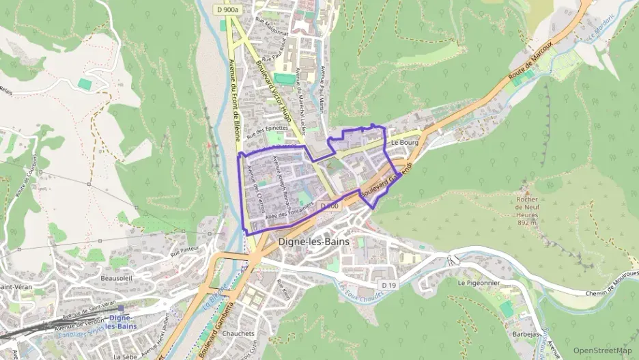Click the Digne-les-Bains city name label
[x=314, y=242]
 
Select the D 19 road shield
[x=388, y=285]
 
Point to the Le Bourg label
[x=404, y=142]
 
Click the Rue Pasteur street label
[x=184, y=252]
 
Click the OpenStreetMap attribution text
[x=602, y=350]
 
